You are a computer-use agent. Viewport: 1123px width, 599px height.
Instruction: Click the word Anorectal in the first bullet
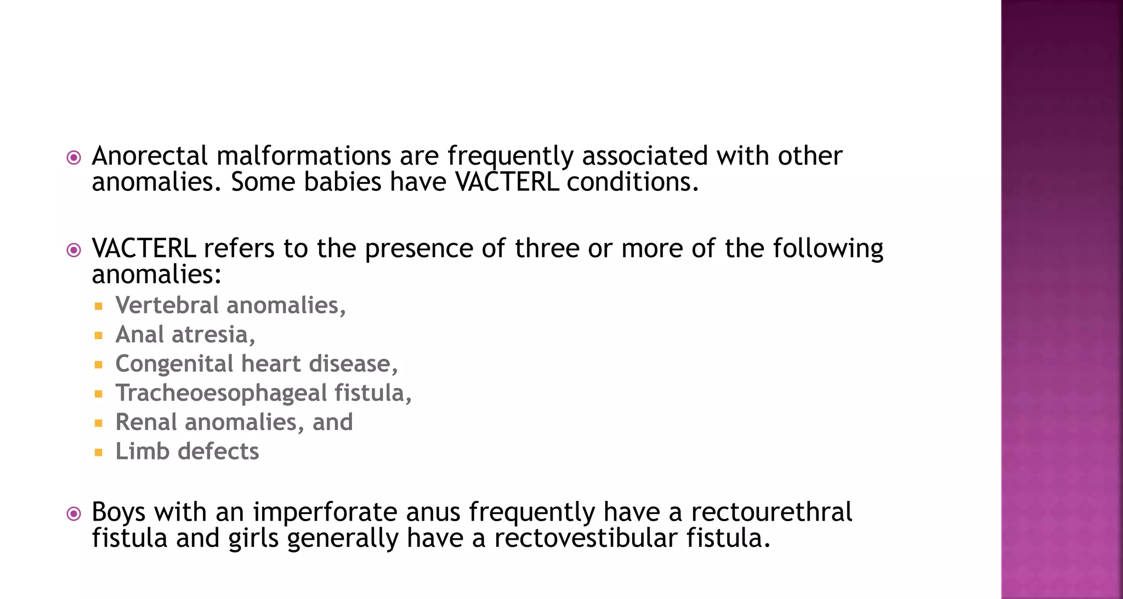coord(149,156)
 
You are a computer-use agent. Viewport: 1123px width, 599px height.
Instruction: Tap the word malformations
coord(304,156)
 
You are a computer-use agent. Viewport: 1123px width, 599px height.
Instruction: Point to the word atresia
coord(213,335)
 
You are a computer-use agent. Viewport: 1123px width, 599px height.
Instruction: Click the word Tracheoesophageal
coord(221,393)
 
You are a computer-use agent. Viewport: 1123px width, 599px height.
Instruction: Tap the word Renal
coord(146,422)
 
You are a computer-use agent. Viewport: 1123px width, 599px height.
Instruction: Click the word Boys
coord(118,512)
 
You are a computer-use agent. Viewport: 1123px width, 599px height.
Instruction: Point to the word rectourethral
coord(771,512)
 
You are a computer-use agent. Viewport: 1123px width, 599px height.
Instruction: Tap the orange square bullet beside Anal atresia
coord(99,336)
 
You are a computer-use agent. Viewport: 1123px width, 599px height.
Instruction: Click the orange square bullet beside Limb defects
coord(99,453)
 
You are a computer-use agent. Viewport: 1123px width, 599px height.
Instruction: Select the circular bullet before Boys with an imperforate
coord(73,514)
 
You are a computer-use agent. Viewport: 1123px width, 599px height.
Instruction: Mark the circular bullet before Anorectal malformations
coord(73,158)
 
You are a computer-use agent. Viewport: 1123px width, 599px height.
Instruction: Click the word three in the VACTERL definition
coord(547,248)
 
